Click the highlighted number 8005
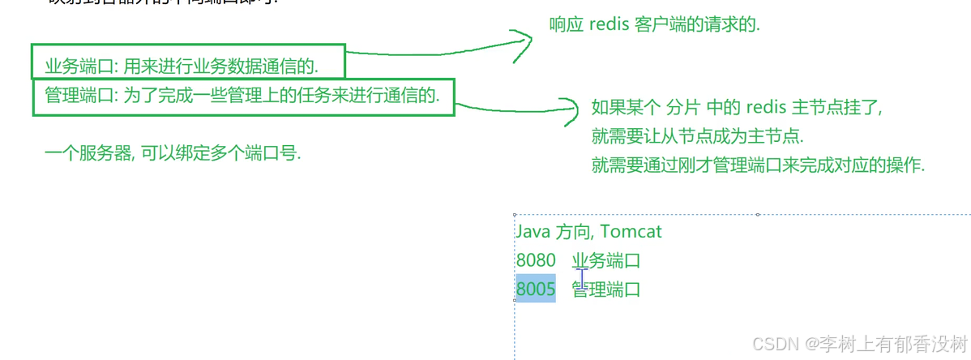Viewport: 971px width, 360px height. (536, 289)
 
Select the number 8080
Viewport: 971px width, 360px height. (536, 260)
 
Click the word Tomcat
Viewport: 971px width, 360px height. (631, 231)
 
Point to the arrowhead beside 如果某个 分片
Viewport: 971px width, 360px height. (571, 111)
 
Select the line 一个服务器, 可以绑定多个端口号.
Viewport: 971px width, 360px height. (173, 152)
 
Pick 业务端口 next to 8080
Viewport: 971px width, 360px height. (606, 260)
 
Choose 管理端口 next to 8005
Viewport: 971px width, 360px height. (606, 289)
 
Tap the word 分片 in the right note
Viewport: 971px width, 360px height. (683, 107)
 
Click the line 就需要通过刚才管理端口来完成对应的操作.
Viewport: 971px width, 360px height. (758, 165)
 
